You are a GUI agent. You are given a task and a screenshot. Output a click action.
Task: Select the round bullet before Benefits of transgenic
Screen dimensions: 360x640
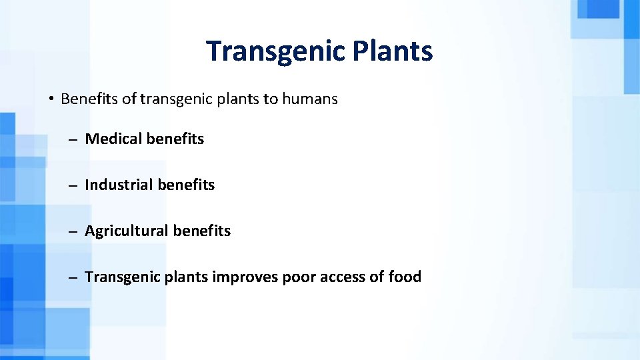pos(51,100)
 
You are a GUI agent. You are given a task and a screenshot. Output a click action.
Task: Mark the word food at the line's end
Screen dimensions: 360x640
pos(405,277)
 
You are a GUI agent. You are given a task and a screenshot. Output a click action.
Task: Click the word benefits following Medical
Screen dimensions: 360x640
pos(175,139)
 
